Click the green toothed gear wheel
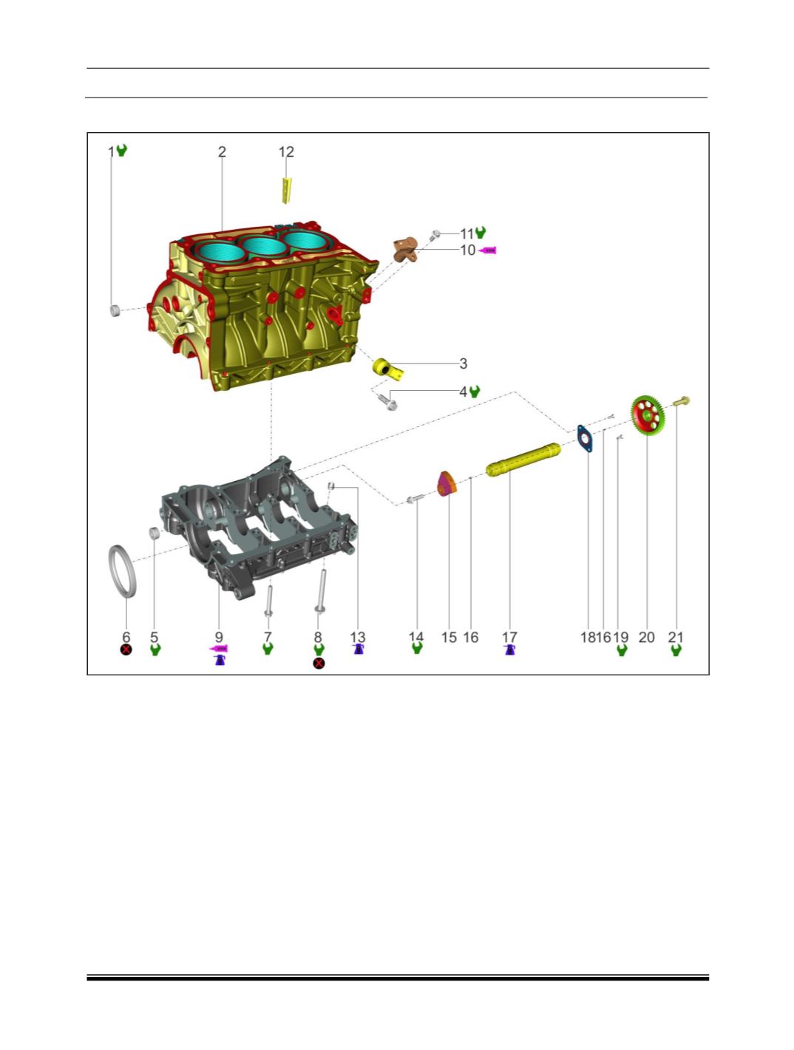pyautogui.click(x=646, y=415)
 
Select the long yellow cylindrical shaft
pyautogui.click(x=523, y=459)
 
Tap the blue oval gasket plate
pyautogui.click(x=585, y=438)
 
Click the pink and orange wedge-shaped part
pyautogui.click(x=447, y=484)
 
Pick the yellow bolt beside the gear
pyautogui.click(x=681, y=401)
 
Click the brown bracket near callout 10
pyautogui.click(x=405, y=249)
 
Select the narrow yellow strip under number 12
pyautogui.click(x=286, y=191)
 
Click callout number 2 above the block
pyautogui.click(x=222, y=152)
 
